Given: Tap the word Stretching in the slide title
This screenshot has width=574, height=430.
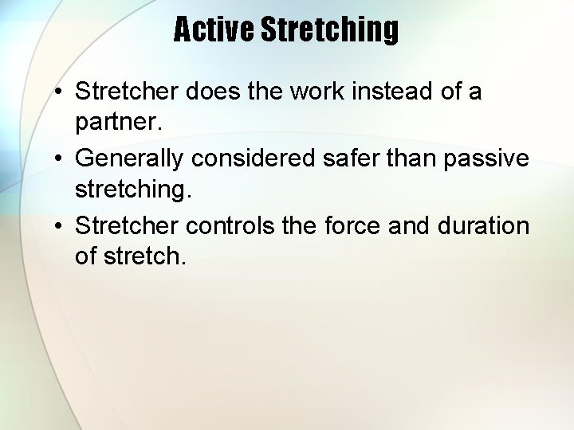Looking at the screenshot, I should pyautogui.click(x=329, y=30).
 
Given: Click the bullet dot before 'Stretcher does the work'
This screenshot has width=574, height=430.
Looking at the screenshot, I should pyautogui.click(x=59, y=92).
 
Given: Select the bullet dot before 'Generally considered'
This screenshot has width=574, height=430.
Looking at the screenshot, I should pyautogui.click(x=59, y=159).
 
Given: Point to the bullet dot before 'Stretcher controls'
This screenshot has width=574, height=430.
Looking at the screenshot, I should pyautogui.click(x=59, y=226).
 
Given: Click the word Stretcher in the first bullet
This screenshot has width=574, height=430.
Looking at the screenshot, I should pyautogui.click(x=127, y=92).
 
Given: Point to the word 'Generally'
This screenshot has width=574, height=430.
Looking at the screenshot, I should pyautogui.click(x=130, y=158).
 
